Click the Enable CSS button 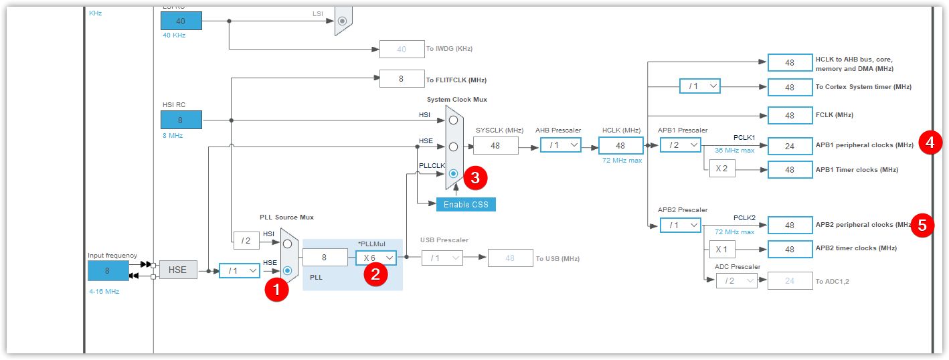click(466, 204)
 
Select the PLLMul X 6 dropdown click(376, 258)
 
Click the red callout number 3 click(475, 178)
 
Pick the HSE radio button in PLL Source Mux click(287, 270)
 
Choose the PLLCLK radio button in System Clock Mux click(453, 173)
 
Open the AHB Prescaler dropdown click(561, 145)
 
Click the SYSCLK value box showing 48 click(496, 146)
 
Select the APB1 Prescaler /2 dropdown click(681, 145)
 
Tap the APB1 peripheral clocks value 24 click(790, 146)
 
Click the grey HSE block click(178, 270)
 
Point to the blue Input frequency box click(108, 270)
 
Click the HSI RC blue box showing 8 click(181, 120)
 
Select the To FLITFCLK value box click(402, 79)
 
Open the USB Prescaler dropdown click(442, 258)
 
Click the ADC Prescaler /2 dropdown click(737, 280)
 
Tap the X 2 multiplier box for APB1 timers click(722, 169)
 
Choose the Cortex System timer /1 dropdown click(700, 86)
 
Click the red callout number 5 click(922, 226)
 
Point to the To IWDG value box click(402, 49)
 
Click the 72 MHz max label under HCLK click(622, 160)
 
